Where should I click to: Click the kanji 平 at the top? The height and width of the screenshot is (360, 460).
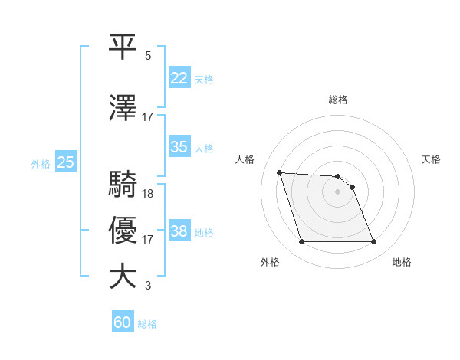tap(125, 46)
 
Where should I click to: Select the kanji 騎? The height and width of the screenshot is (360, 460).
tap(125, 185)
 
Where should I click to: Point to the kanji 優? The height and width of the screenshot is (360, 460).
tap(125, 231)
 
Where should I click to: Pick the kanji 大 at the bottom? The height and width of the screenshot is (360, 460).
tap(125, 277)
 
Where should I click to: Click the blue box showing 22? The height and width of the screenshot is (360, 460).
tap(179, 79)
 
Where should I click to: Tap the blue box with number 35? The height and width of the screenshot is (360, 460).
tap(179, 148)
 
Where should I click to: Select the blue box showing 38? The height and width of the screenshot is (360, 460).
tap(179, 232)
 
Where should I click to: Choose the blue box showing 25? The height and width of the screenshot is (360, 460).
tap(65, 162)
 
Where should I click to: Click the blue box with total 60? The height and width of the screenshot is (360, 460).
tap(123, 323)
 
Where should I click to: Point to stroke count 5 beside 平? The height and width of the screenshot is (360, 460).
tap(148, 56)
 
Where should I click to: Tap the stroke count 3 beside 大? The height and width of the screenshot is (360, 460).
tap(148, 286)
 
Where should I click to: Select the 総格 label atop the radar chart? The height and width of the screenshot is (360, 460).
tap(338, 100)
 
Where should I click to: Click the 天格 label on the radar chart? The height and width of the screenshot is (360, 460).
tap(431, 159)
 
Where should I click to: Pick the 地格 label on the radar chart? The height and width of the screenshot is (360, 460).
tap(402, 263)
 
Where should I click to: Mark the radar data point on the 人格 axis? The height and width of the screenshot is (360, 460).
tap(280, 172)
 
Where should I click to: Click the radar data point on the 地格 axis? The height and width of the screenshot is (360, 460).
tap(373, 242)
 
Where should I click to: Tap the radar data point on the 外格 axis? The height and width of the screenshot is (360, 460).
tap(301, 242)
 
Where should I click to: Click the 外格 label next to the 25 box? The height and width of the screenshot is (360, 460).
tap(41, 163)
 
